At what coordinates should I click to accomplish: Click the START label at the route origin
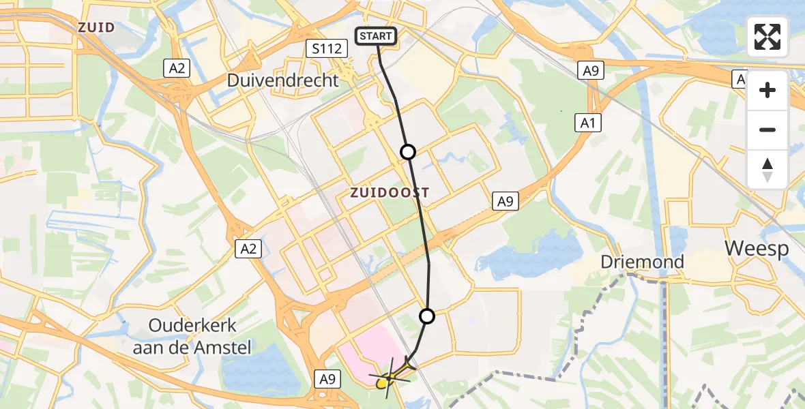coord(376,36)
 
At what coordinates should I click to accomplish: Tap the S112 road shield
coord(327,48)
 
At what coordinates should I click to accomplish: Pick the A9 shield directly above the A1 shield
coord(591,70)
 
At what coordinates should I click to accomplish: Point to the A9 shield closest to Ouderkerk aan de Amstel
coord(325,379)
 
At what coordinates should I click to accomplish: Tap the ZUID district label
coord(96,28)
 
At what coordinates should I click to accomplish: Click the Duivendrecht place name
coord(282,80)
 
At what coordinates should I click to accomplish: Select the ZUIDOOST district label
coord(390,193)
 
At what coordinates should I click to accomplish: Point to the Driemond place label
coord(642,262)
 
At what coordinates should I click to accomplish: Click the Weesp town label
coord(757,248)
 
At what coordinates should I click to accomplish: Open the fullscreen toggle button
coord(767,37)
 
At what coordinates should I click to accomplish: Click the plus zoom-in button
coord(767,90)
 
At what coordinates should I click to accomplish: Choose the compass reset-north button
coord(767,169)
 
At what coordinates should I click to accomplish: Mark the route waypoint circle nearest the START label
coord(408,152)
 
